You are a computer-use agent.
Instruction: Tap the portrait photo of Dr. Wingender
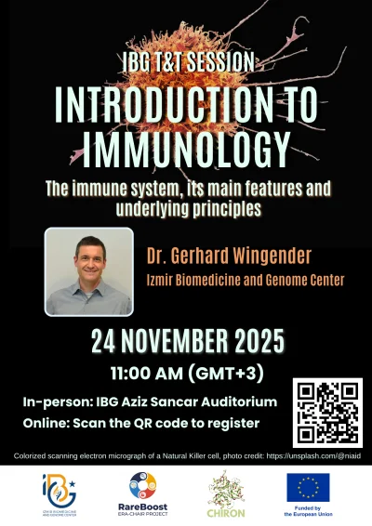click(x=88, y=271)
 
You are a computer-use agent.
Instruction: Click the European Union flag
click(x=307, y=485)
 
